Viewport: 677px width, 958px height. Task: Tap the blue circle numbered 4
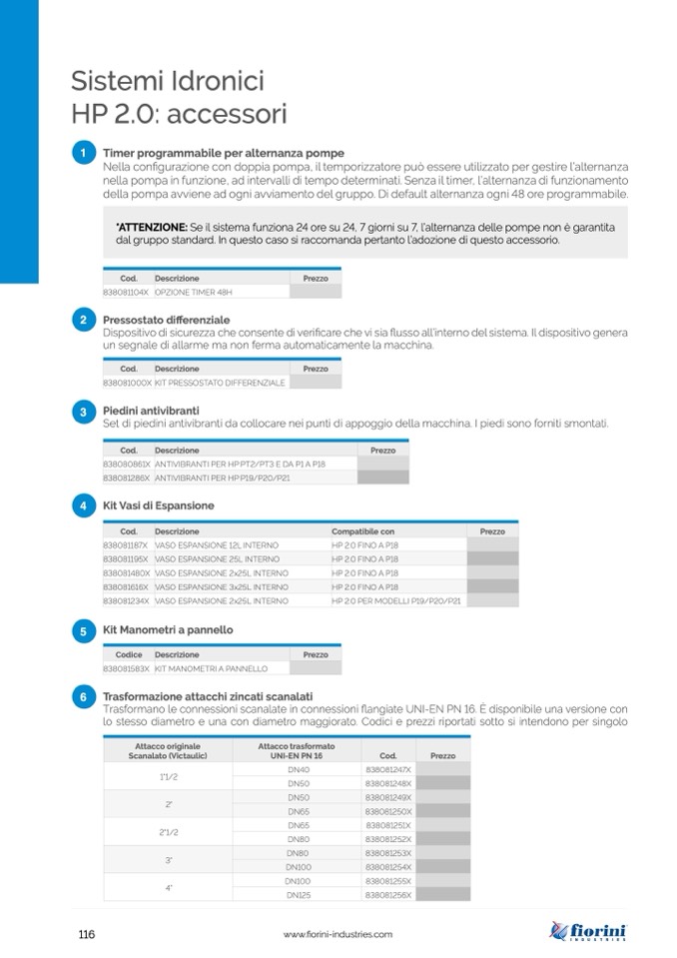tap(83, 505)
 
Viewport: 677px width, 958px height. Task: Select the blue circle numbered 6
tap(83, 695)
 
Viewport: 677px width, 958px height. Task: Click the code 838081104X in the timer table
tap(126, 292)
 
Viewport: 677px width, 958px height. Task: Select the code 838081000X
tap(127, 383)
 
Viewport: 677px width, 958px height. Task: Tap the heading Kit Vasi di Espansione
tap(159, 505)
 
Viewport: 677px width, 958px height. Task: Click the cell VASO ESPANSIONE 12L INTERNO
tap(217, 545)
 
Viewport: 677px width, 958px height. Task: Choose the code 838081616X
tap(126, 587)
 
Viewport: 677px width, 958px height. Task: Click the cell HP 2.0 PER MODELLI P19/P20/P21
tap(396, 601)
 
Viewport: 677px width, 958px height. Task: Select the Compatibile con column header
tap(363, 531)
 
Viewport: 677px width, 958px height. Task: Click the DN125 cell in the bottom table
tap(298, 896)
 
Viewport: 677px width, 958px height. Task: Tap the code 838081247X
tap(388, 770)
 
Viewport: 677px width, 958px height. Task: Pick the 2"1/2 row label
tap(167, 832)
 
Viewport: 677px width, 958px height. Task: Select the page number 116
tap(86, 934)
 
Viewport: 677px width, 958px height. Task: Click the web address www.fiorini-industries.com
tap(338, 934)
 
